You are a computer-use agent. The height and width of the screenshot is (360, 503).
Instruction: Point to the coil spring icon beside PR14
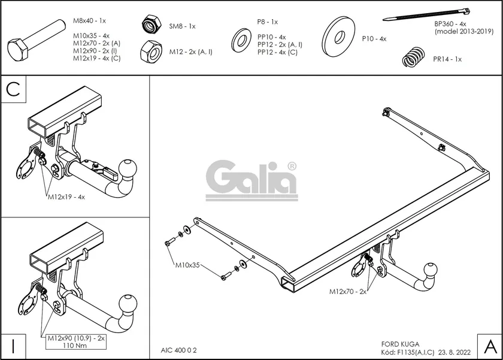(x=411, y=57)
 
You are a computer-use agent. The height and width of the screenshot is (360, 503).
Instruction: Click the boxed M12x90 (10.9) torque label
(x=77, y=342)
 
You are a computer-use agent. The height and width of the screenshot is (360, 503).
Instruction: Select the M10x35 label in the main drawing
(x=188, y=264)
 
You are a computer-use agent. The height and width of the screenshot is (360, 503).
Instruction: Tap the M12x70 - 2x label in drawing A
(x=348, y=291)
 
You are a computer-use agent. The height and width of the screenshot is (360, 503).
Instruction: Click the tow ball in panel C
(x=130, y=168)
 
